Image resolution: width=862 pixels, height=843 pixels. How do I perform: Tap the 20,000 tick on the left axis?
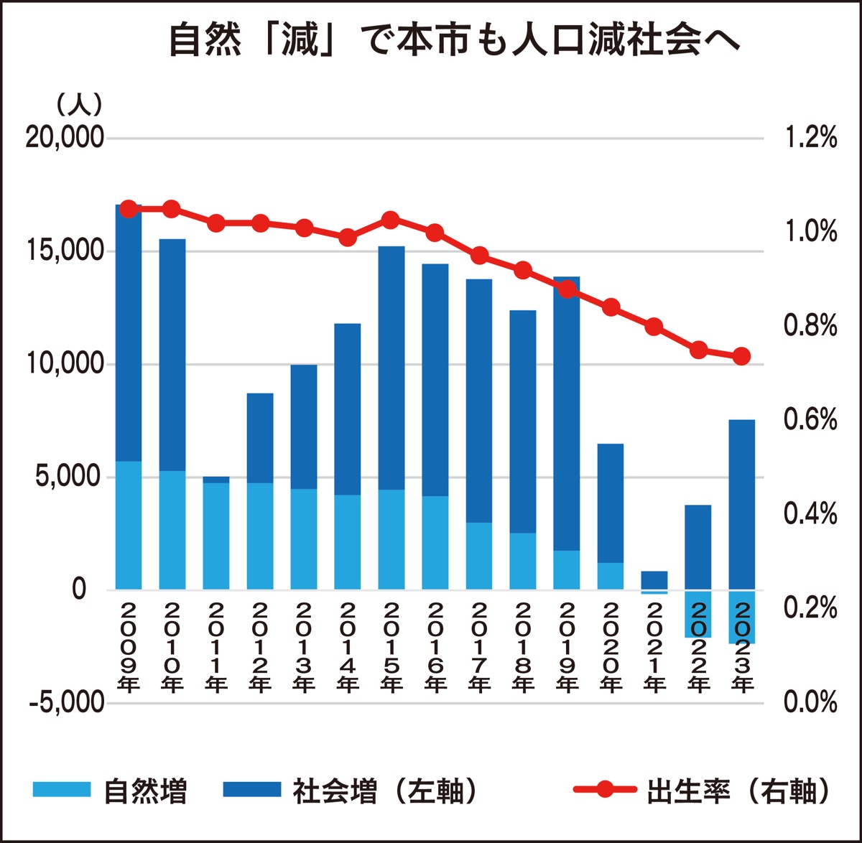65,137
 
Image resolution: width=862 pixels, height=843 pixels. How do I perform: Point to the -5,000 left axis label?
67,702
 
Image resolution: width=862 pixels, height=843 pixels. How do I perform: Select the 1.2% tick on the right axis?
811,137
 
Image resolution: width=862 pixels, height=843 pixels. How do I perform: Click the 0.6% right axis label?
811,420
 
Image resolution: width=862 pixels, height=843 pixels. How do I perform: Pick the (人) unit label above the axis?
80,106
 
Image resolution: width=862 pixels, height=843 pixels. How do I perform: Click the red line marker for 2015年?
391,220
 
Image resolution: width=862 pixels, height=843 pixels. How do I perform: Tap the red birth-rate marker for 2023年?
742,356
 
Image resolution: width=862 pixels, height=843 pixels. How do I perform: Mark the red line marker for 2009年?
128,209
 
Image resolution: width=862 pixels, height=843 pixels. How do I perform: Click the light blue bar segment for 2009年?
129,525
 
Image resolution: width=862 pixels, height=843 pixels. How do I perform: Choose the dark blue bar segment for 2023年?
742,504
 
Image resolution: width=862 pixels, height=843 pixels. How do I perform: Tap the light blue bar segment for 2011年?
216,536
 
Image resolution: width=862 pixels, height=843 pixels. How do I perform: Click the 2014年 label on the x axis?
348,647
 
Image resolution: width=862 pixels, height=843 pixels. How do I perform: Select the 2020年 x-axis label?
611,647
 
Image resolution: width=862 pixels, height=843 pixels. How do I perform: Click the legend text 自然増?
145,791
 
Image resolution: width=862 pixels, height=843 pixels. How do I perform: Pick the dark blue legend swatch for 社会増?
251,789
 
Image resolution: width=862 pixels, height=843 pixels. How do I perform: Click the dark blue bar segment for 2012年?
260,438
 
